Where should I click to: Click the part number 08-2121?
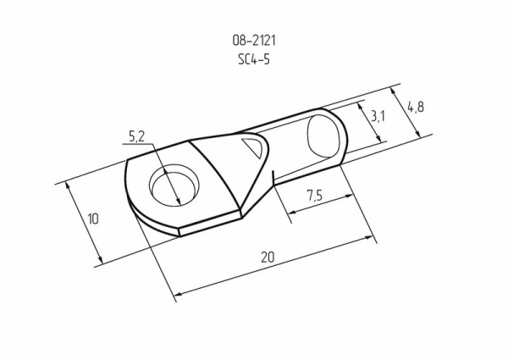click(254, 40)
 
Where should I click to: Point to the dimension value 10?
click(93, 219)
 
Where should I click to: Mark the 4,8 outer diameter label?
click(415, 107)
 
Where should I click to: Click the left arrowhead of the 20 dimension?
click(177, 296)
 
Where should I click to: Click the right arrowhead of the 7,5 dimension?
click(350, 196)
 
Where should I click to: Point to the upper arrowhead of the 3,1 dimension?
click(360, 108)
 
